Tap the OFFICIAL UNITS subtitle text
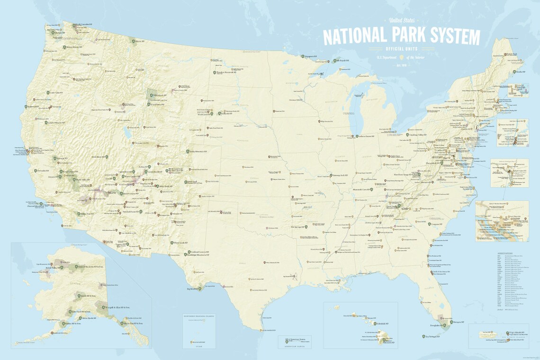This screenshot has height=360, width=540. click(401, 49)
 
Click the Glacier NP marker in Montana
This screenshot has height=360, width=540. click(133, 41)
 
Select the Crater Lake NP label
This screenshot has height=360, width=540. click(56, 93)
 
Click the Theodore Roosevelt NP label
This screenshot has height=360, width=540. click(226, 73)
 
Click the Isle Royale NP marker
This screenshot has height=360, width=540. click(334, 61)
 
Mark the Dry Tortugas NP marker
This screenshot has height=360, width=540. click(423, 336)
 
